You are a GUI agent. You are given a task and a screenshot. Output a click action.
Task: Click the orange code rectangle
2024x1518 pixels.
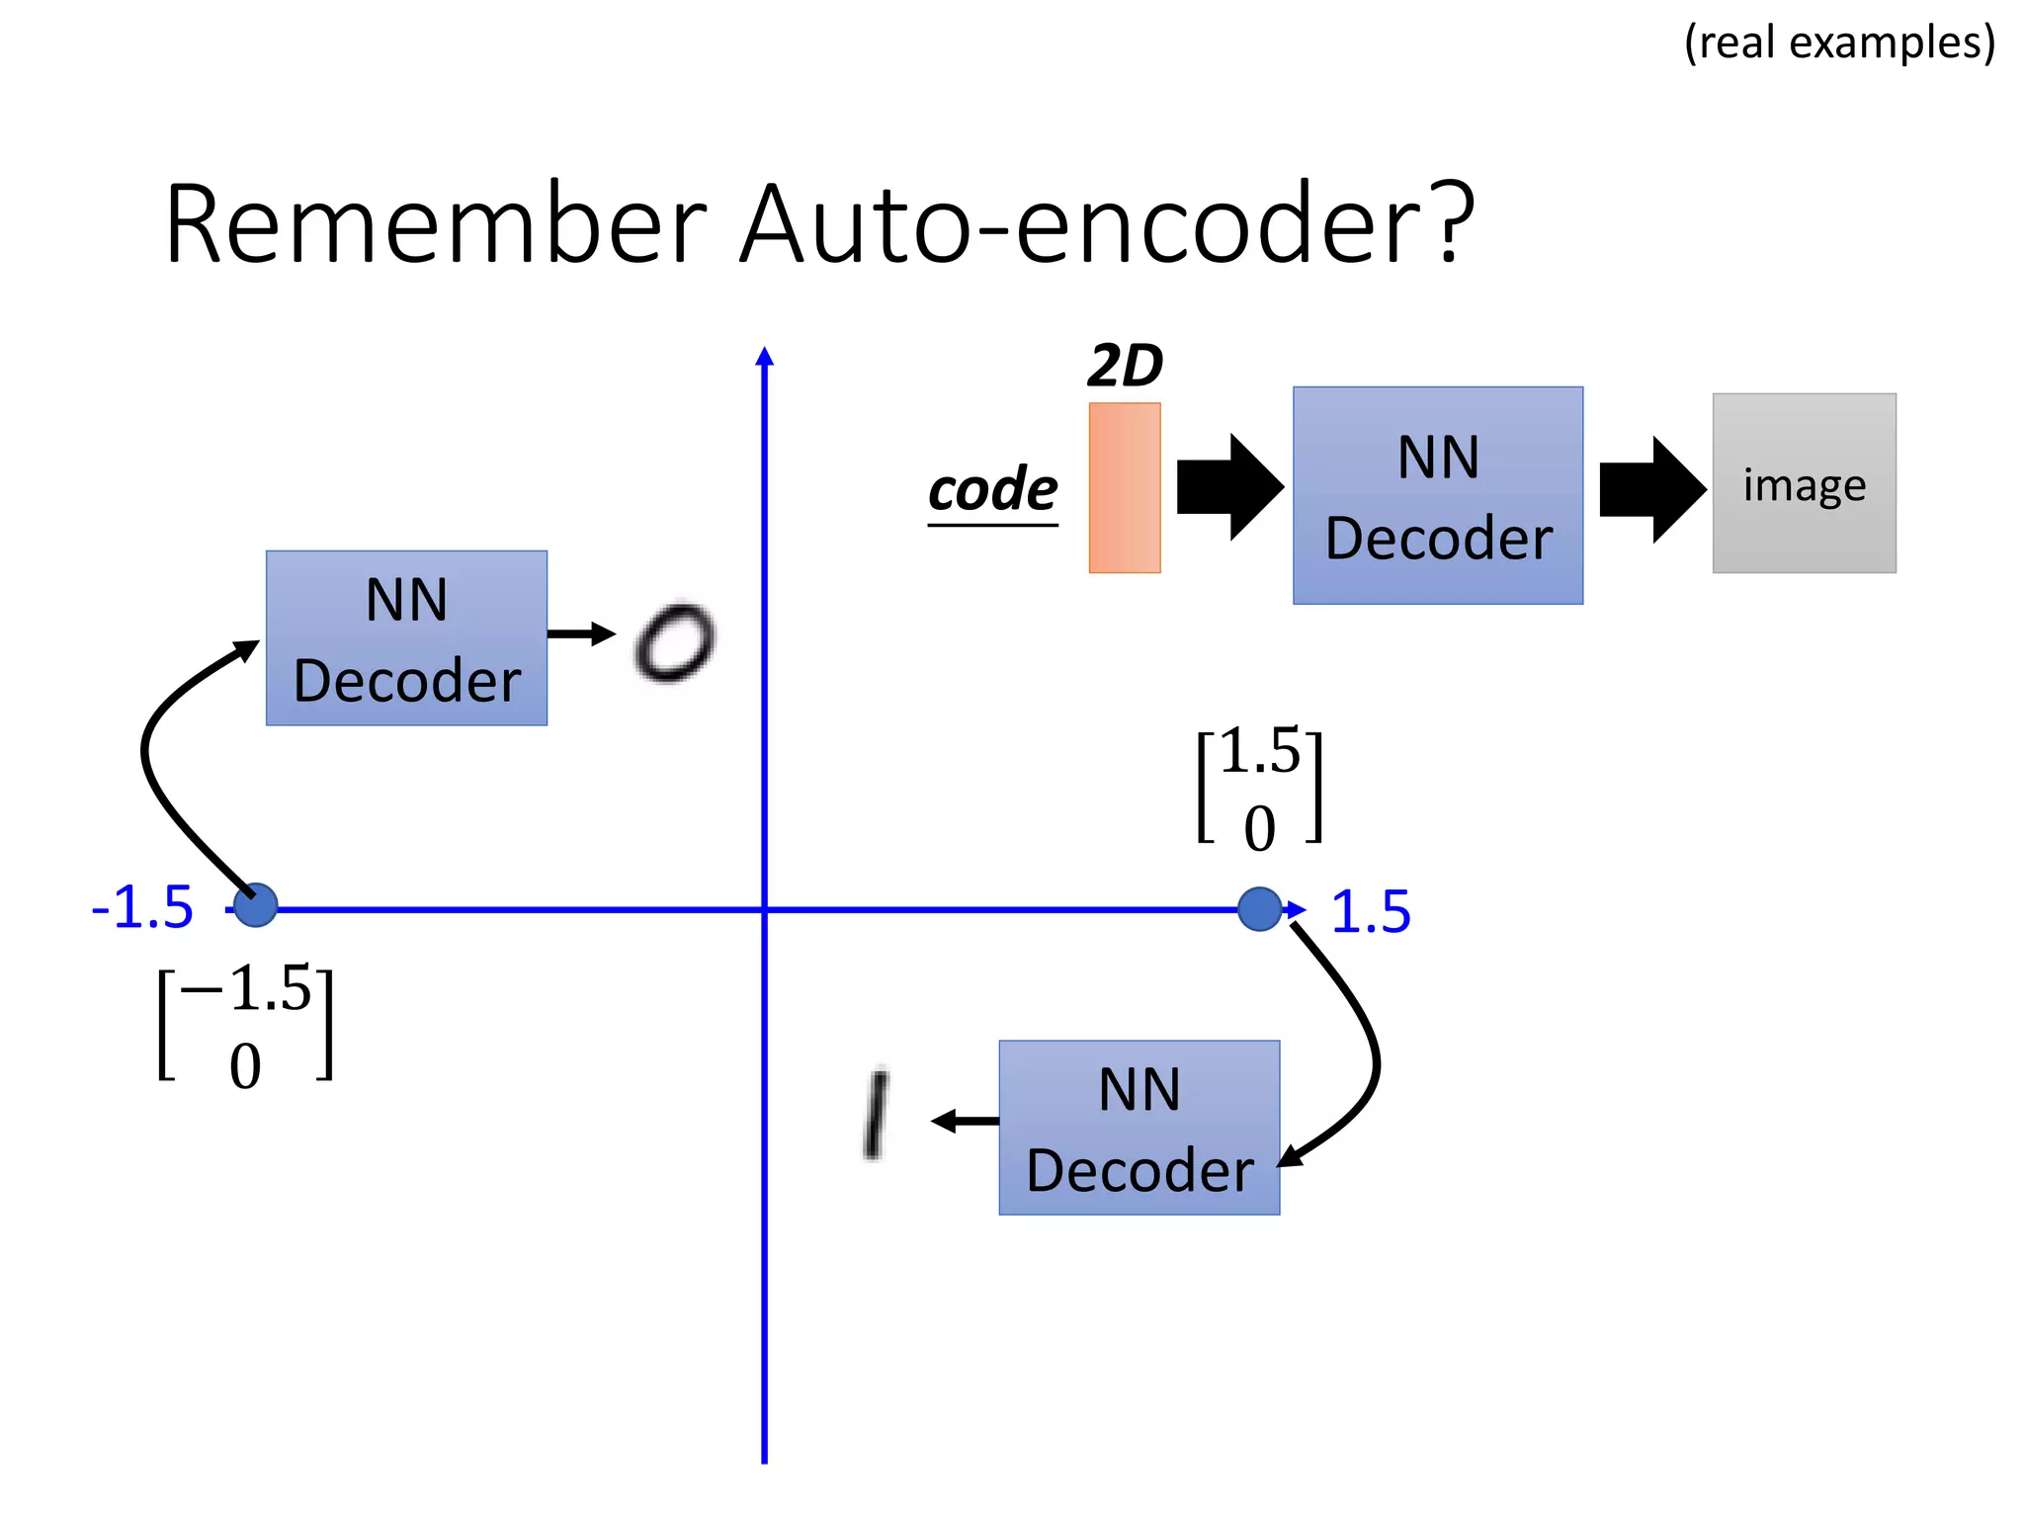pos(1124,487)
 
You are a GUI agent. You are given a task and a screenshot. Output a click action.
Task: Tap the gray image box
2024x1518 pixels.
pos(1804,483)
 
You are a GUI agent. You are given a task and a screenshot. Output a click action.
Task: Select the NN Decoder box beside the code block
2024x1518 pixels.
pos(1437,495)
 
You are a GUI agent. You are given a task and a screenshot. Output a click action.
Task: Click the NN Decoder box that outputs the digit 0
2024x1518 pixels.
pos(406,638)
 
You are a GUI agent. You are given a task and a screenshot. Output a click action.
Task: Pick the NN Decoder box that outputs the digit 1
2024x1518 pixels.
pos(1138,1128)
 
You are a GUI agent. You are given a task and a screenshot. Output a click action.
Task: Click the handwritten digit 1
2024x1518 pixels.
pos(876,1114)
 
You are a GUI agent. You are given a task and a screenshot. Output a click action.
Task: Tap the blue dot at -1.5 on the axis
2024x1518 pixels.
pos(256,904)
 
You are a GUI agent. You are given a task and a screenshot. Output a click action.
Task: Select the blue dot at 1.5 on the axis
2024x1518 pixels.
pos(1259,909)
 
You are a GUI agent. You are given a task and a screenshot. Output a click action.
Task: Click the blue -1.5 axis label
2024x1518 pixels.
pos(142,907)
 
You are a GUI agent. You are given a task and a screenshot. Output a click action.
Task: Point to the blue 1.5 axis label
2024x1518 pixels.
pos(1370,911)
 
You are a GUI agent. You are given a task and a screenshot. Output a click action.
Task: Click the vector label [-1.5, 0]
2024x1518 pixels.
pos(245,1026)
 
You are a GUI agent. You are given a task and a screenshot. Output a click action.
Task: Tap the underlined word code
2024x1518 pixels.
pos(992,490)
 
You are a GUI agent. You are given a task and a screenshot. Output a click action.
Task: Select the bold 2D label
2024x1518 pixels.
pos(1125,366)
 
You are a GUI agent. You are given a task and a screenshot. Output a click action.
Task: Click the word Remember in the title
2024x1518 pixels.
pos(435,224)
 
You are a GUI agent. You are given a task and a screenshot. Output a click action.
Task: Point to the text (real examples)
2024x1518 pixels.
pos(1839,42)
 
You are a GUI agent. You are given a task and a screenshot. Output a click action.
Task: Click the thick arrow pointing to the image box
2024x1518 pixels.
pos(1650,489)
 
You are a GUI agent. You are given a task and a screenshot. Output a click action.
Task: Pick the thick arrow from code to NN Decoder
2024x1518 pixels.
pos(1228,487)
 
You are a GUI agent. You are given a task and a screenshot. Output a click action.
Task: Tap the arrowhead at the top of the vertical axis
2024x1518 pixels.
pos(764,356)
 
